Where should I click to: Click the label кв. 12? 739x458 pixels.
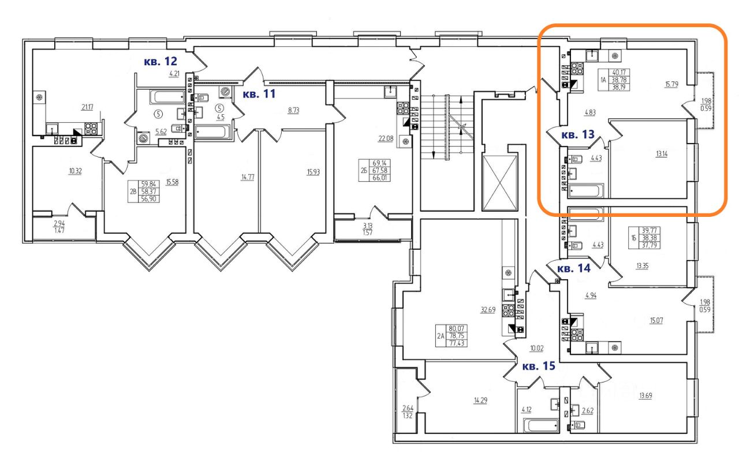(x=160, y=61)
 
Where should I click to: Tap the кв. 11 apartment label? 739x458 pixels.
(x=259, y=94)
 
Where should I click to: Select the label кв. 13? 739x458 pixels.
(x=578, y=136)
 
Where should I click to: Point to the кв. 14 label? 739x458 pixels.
(x=574, y=268)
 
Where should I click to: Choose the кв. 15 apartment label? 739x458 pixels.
(x=539, y=366)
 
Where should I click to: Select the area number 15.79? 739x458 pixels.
(x=671, y=84)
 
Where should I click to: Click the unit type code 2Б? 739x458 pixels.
(x=363, y=170)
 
